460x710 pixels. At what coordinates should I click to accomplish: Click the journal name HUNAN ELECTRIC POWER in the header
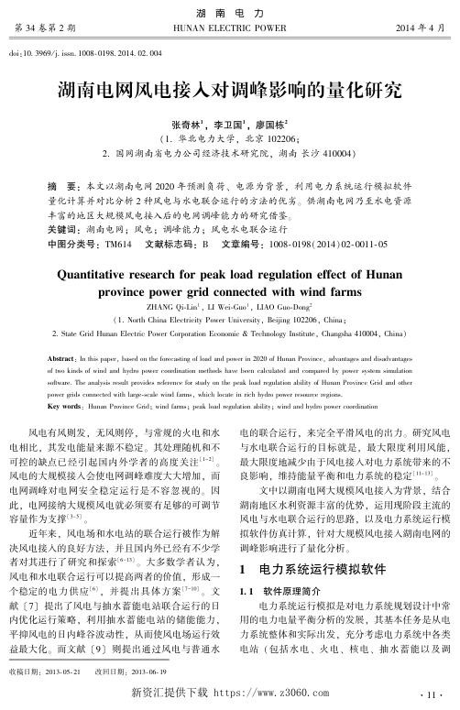pyautogui.click(x=229, y=28)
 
